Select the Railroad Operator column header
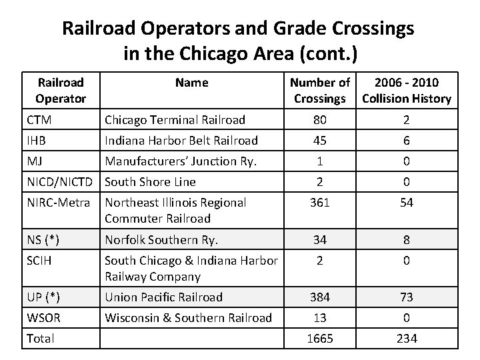pos(61,91)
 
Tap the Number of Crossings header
pos(319,91)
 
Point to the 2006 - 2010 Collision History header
pos(406,91)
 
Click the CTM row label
pos(41,120)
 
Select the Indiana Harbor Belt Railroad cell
pos(181,141)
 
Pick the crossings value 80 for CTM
pos(320,120)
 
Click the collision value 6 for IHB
pos(407,141)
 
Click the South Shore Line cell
pos(151,181)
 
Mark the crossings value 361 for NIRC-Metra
pos(320,203)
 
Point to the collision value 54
pos(407,203)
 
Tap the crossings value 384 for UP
pos(320,297)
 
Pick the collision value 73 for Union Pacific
pos(407,297)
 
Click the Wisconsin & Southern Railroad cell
pos(188,318)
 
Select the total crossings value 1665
pos(320,339)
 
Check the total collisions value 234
pos(407,339)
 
